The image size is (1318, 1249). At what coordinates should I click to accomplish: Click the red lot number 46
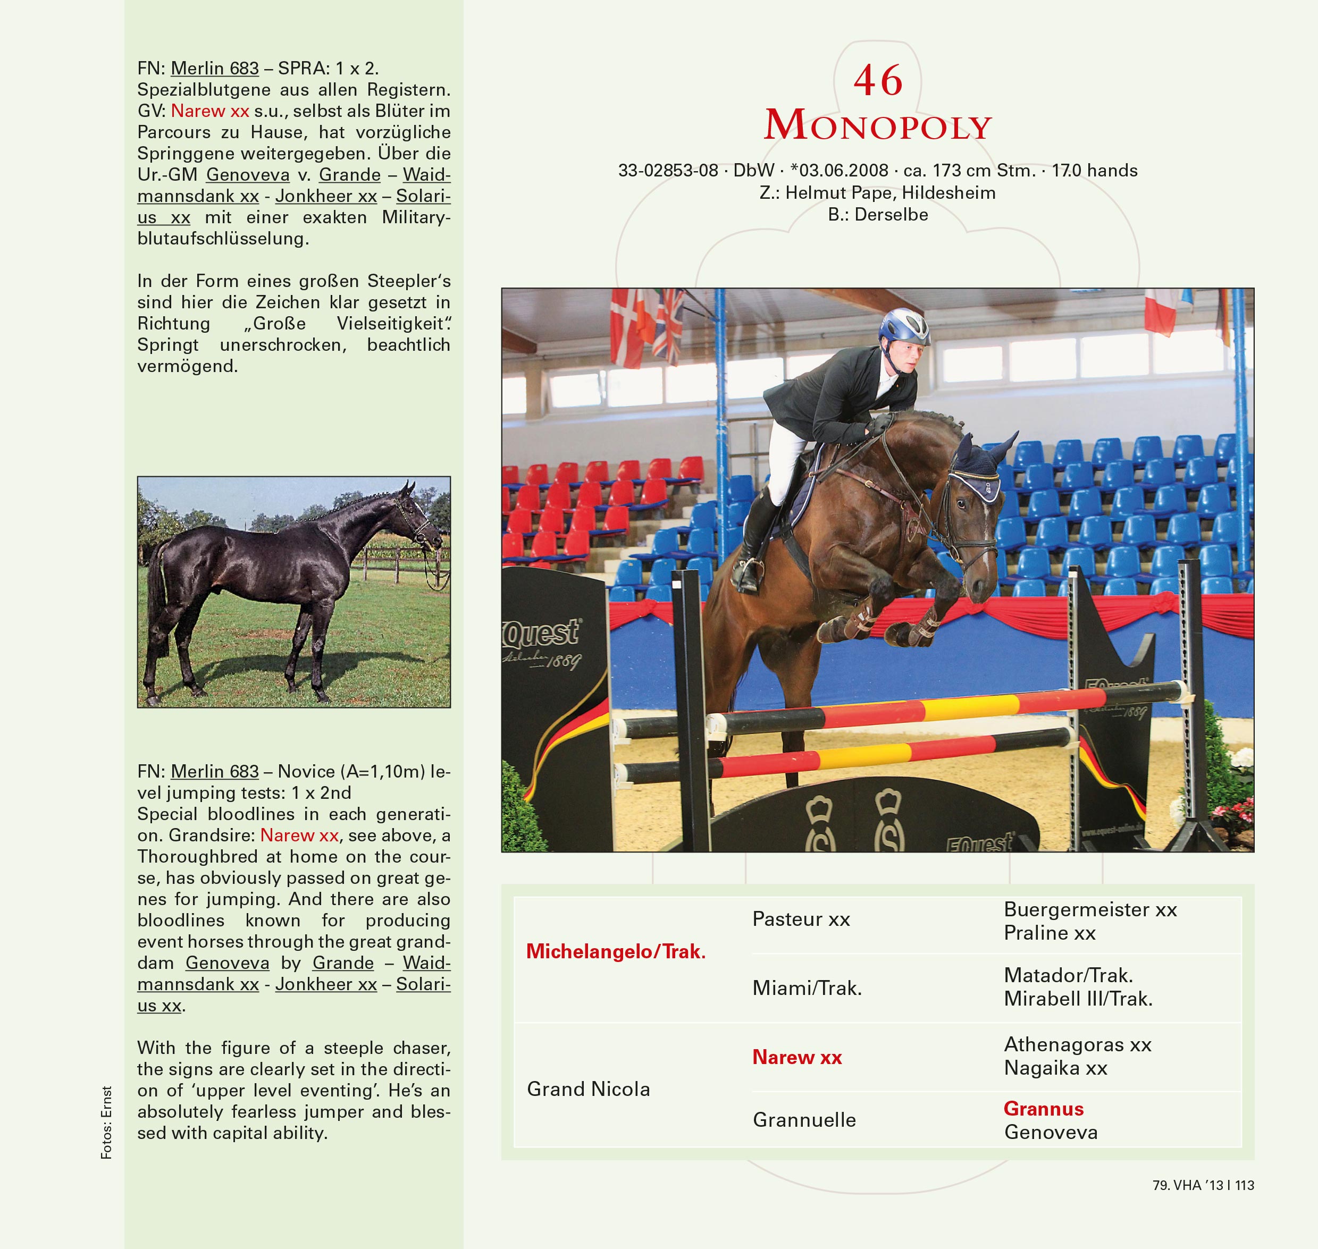pyautogui.click(x=878, y=81)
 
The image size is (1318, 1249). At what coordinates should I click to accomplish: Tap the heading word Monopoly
pyautogui.click(x=878, y=126)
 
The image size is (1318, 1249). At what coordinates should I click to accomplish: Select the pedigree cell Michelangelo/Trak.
pyautogui.click(x=615, y=951)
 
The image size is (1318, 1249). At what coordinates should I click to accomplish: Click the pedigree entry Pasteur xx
pyautogui.click(x=801, y=919)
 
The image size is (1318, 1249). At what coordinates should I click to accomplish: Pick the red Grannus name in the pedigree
pyautogui.click(x=1044, y=1109)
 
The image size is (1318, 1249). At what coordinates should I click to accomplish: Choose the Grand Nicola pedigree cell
pyautogui.click(x=588, y=1089)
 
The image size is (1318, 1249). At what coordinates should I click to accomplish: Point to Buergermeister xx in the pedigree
pyautogui.click(x=1090, y=909)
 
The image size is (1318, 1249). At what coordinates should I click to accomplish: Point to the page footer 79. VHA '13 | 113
pyautogui.click(x=1203, y=1185)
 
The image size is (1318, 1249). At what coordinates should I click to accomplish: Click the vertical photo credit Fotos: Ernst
pyautogui.click(x=106, y=1123)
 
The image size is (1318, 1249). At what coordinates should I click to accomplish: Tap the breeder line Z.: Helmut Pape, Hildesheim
pyautogui.click(x=877, y=193)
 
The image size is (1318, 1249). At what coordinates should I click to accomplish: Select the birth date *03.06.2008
pyautogui.click(x=839, y=171)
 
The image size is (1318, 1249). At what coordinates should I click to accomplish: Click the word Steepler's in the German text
pyautogui.click(x=409, y=281)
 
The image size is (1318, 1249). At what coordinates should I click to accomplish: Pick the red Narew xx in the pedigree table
pyautogui.click(x=796, y=1057)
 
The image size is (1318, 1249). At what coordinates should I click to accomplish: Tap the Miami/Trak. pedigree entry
pyautogui.click(x=807, y=988)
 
